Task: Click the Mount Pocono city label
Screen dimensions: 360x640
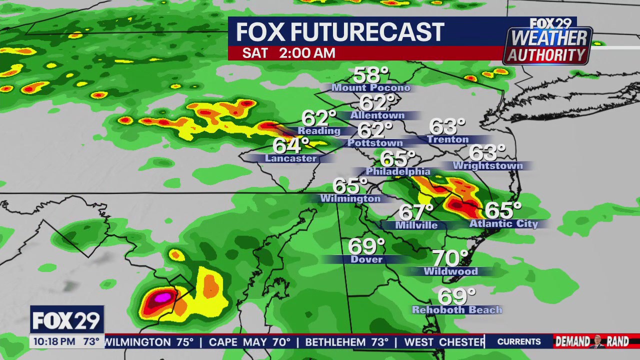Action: click(x=371, y=88)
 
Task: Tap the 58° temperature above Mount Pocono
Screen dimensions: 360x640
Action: click(x=370, y=75)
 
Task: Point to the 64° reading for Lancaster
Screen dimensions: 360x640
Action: click(x=290, y=146)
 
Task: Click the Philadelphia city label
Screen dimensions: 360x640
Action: click(x=398, y=171)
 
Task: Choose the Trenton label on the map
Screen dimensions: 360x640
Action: click(x=448, y=139)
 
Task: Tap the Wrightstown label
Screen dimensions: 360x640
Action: click(x=487, y=165)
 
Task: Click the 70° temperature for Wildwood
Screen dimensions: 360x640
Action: click(x=449, y=258)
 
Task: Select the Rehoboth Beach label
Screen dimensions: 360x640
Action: click(x=457, y=310)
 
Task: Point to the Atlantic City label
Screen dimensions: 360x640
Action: click(x=503, y=223)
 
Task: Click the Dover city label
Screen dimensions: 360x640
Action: click(x=366, y=259)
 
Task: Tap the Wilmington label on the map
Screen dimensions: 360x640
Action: click(x=350, y=198)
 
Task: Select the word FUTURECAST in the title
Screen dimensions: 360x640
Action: click(x=367, y=32)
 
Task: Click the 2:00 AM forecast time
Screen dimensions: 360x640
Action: click(x=307, y=53)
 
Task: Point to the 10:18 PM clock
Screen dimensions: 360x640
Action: click(x=54, y=342)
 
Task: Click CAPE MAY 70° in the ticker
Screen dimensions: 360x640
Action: click(x=249, y=342)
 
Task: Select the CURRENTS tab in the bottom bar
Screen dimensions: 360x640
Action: click(x=518, y=342)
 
